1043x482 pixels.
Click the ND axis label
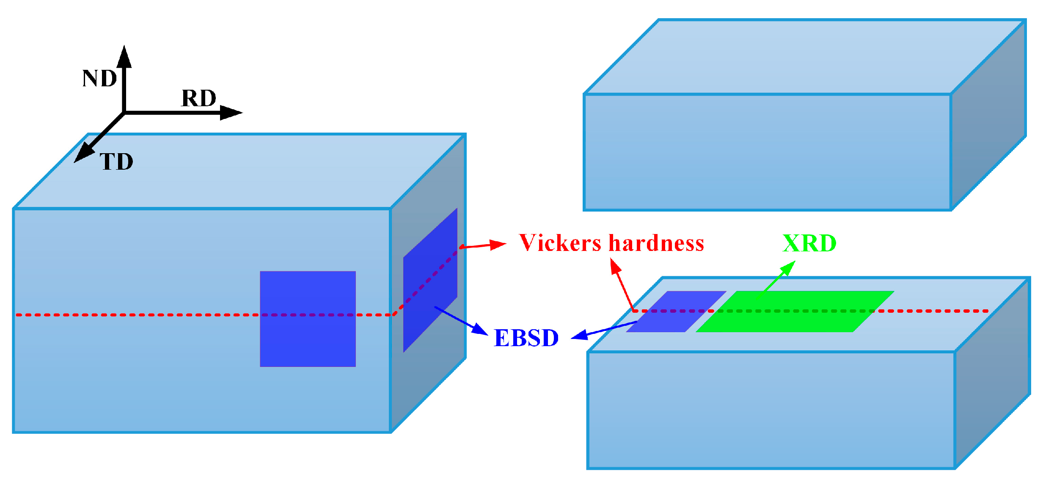click(x=99, y=79)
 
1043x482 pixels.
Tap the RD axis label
click(x=198, y=99)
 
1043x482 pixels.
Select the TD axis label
click(x=116, y=162)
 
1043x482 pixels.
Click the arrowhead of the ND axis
click(x=124, y=57)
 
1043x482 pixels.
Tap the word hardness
click(x=656, y=243)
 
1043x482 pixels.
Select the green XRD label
click(x=809, y=244)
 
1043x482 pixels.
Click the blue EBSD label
click(x=526, y=338)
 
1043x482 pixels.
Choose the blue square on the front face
click(x=308, y=319)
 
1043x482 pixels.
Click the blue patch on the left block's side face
click(x=430, y=280)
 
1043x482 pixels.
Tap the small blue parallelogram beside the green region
click(x=676, y=311)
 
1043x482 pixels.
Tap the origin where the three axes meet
click(x=124, y=113)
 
